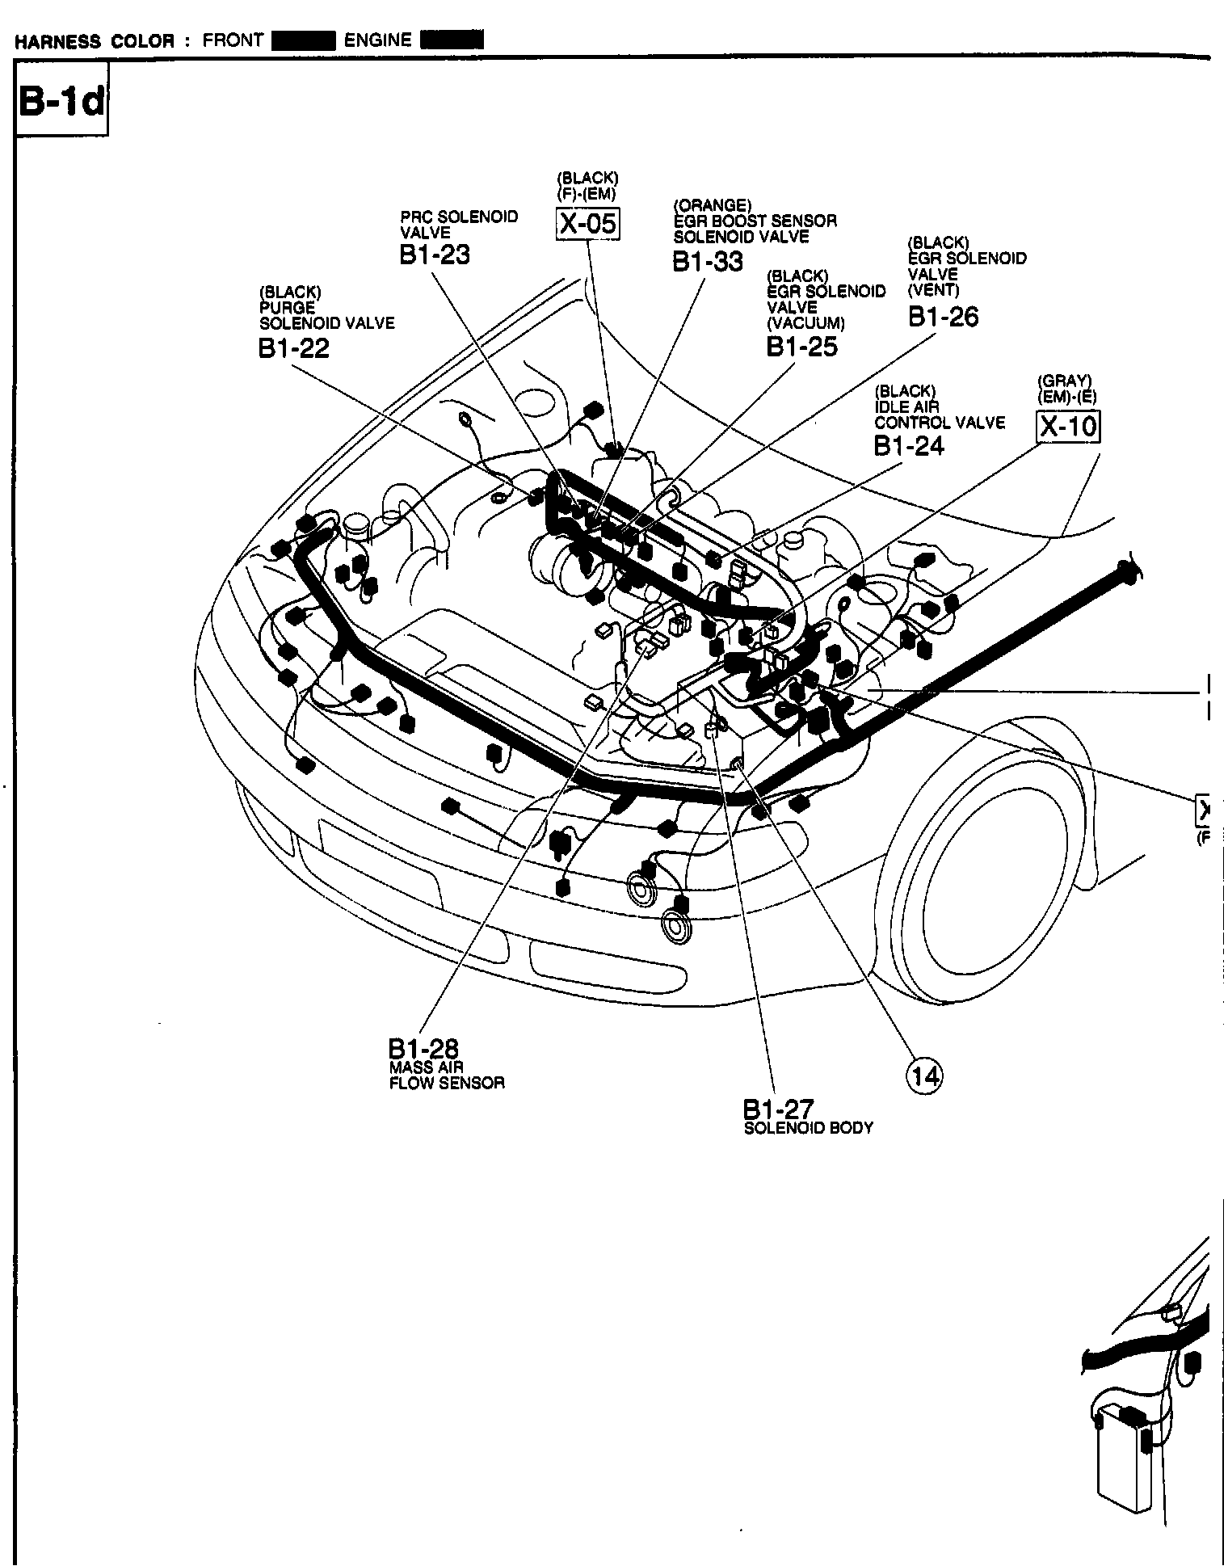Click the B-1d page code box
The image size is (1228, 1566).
(61, 103)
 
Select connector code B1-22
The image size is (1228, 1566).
(293, 347)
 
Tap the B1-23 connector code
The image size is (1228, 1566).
(434, 255)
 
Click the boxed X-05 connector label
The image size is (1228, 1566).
(588, 223)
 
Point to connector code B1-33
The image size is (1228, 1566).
(708, 262)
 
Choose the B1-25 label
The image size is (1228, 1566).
(801, 347)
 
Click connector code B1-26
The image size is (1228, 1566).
(943, 317)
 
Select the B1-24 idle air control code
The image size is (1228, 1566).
(908, 445)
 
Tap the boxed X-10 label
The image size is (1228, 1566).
(1068, 426)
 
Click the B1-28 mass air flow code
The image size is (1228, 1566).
(423, 1048)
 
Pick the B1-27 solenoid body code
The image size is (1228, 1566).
(778, 1109)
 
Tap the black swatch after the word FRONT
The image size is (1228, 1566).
(303, 40)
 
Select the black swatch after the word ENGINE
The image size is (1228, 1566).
(452, 40)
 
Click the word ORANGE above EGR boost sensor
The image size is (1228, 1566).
(713, 205)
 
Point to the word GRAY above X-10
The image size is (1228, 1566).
(1065, 381)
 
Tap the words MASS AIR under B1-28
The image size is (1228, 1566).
(426, 1067)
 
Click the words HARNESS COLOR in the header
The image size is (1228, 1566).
(94, 41)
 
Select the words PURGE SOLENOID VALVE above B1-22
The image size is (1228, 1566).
(326, 315)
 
